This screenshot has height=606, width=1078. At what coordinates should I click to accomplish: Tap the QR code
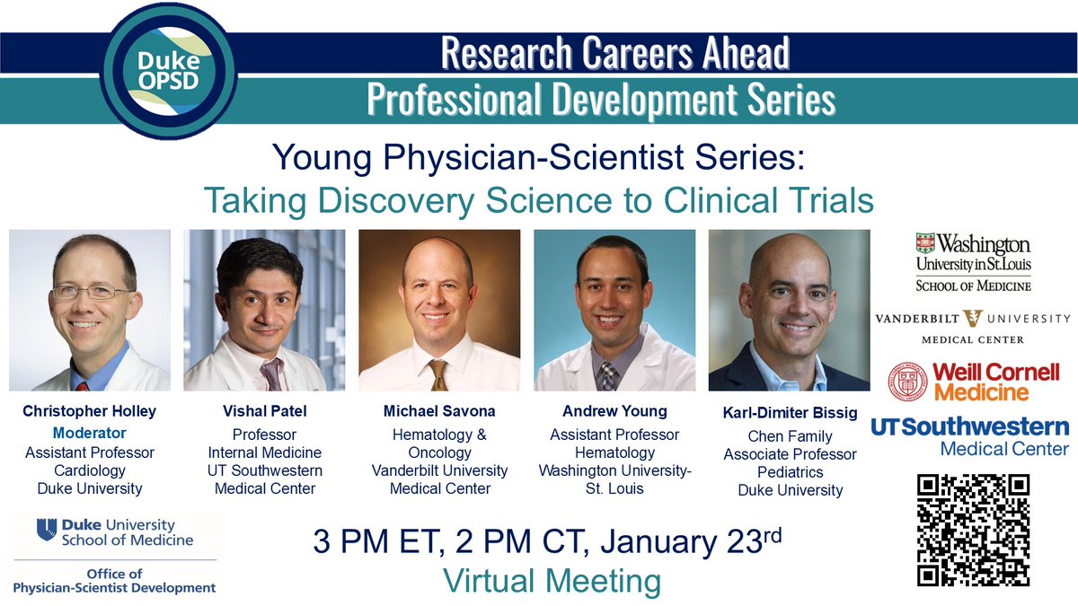click(x=973, y=530)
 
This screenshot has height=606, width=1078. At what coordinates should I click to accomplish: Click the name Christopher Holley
click(x=89, y=412)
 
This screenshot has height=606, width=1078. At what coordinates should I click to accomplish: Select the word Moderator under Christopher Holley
click(x=89, y=433)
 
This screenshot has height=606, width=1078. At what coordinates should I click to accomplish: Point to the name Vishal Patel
click(x=264, y=412)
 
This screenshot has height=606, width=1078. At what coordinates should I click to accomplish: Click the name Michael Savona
click(x=439, y=412)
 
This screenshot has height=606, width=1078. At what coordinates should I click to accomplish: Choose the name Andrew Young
click(x=614, y=412)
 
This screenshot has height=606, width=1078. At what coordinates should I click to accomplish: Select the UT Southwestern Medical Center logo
click(x=971, y=436)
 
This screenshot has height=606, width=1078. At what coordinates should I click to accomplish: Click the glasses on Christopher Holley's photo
click(x=93, y=293)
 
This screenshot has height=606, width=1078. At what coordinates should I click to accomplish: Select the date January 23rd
click(x=686, y=542)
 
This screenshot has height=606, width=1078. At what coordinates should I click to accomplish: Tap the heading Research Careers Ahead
click(x=614, y=54)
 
